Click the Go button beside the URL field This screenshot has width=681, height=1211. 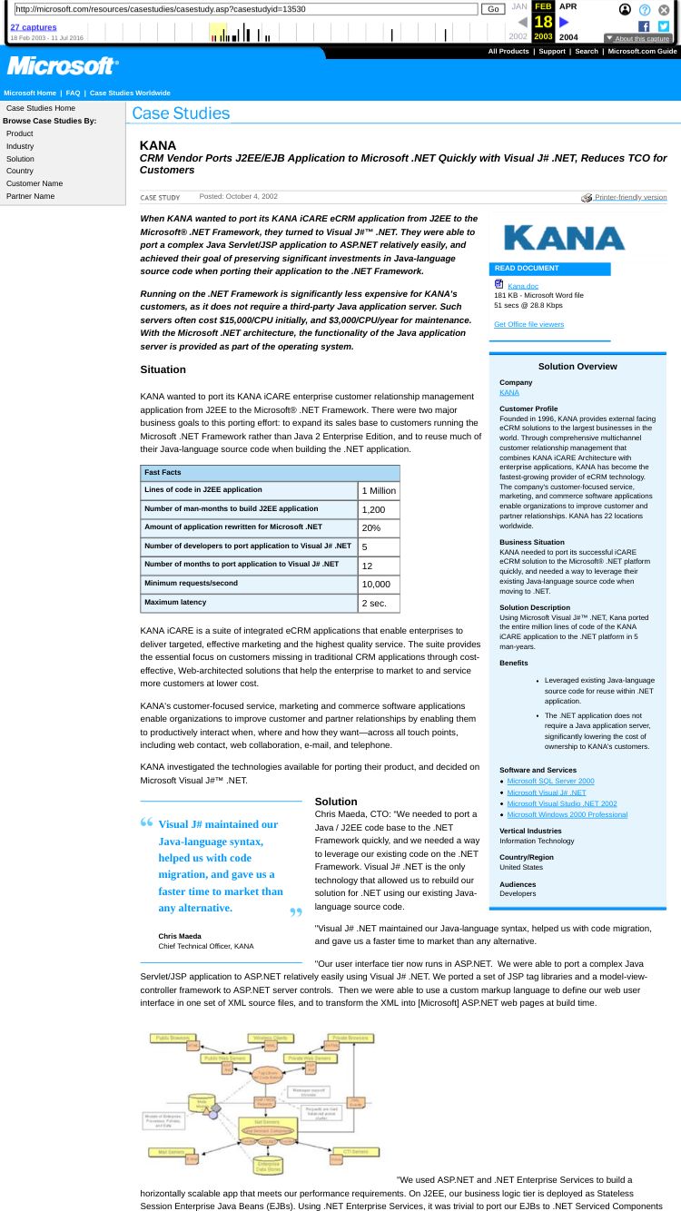tap(492, 9)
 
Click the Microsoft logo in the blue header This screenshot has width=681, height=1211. tap(63, 66)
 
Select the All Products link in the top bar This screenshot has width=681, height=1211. tap(508, 51)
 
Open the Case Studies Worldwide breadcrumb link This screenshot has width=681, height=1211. tap(130, 93)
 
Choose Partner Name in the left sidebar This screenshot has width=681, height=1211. tap(30, 196)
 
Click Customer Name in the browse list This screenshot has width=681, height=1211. tap(35, 183)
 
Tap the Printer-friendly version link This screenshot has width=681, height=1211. tap(629, 197)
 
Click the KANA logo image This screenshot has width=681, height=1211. tap(564, 238)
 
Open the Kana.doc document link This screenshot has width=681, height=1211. tap(522, 286)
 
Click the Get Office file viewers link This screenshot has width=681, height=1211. tap(528, 324)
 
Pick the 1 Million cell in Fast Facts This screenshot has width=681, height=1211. tap(379, 491)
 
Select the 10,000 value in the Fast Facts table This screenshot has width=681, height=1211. tap(376, 585)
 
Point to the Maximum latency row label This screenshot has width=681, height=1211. tap(175, 602)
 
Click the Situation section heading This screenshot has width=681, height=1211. tap(163, 369)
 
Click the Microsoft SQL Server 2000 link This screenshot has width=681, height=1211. tap(550, 781)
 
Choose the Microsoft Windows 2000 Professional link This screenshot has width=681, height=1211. tap(567, 814)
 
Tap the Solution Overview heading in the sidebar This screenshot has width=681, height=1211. tap(577, 367)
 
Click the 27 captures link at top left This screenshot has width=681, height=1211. tap(33, 27)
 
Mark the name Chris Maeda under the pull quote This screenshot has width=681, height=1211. tap(180, 936)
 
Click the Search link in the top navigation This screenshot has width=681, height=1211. tap(586, 51)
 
